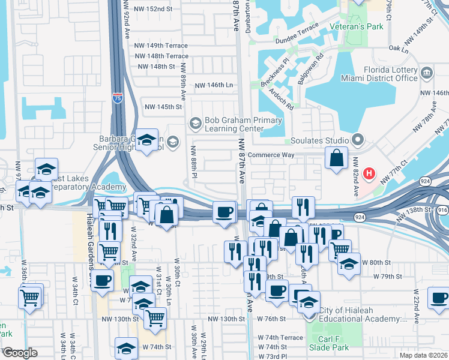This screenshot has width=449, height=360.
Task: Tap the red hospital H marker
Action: [x=370, y=175]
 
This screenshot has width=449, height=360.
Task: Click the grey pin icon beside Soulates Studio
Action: [x=358, y=140]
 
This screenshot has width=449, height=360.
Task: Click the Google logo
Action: [x=20, y=352]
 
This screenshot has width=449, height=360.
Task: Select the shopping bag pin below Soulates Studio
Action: [x=337, y=159]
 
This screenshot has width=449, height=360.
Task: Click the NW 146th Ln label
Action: [x=214, y=85]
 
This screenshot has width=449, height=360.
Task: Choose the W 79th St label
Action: [x=387, y=277]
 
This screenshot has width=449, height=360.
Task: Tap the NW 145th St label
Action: [x=163, y=107]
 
